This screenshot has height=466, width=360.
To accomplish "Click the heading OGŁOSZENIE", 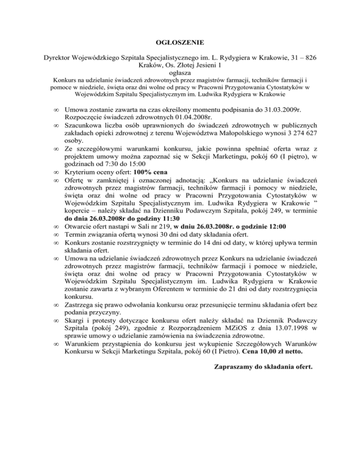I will pyautogui.click(x=180, y=43).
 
